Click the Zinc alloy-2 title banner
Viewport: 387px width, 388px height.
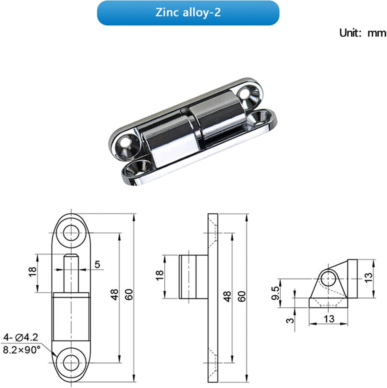click(x=188, y=13)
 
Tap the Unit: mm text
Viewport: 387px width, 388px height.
click(x=362, y=33)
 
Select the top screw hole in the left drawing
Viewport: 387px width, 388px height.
click(x=71, y=233)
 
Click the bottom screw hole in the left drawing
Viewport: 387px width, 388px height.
click(x=71, y=363)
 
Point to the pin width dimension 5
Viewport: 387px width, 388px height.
click(x=97, y=264)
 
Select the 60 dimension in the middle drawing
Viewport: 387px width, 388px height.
click(x=242, y=296)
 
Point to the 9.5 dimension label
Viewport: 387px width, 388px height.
click(x=275, y=293)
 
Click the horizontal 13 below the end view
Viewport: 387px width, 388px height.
click(x=329, y=319)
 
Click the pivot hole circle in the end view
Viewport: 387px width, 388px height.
click(x=328, y=279)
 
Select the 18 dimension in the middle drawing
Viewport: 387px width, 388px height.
click(x=159, y=275)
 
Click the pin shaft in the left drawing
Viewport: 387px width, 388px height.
click(x=71, y=273)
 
